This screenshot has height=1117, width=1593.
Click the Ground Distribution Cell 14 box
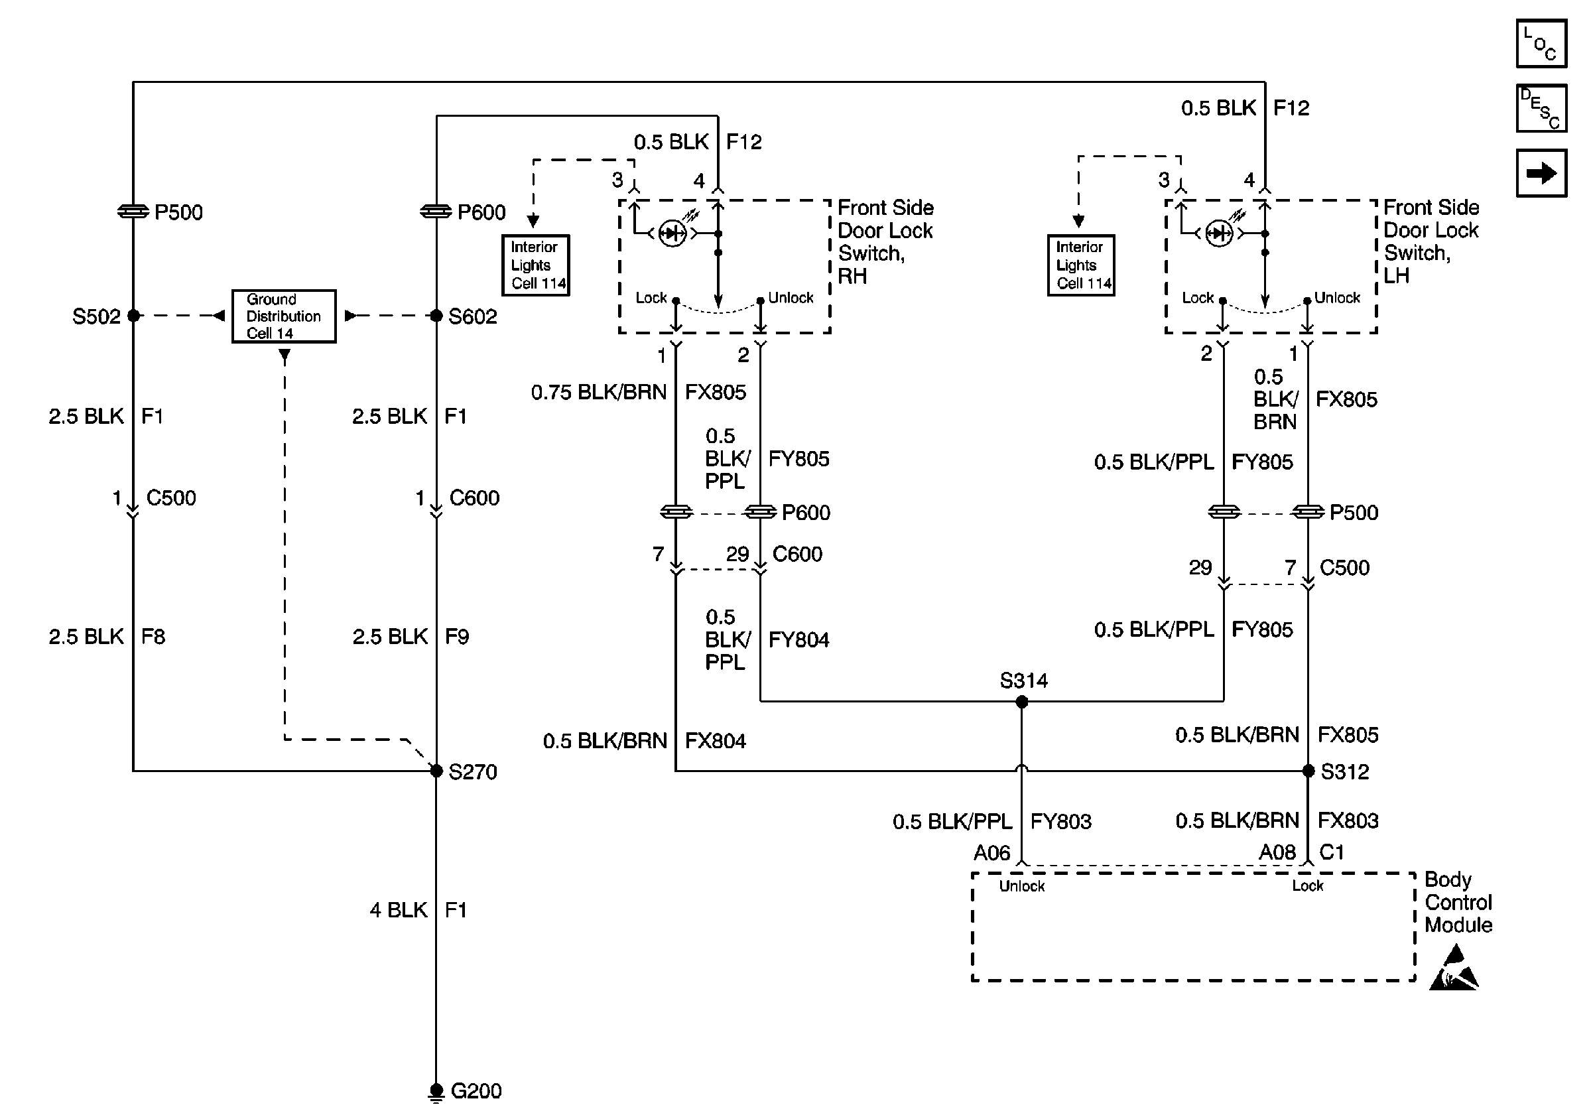point(284,316)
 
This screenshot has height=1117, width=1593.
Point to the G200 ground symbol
point(436,1091)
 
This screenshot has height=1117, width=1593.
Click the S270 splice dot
point(436,771)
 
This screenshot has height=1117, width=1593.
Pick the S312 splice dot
point(1308,771)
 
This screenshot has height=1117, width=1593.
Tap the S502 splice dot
point(133,316)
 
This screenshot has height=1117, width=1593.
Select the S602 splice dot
point(436,316)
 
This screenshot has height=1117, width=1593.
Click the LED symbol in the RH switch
point(672,233)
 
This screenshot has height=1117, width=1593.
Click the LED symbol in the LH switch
point(1218,233)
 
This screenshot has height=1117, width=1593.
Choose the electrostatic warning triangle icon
point(1454,968)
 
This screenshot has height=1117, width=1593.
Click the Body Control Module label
point(1458,902)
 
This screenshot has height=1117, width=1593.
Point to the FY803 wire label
point(1060,821)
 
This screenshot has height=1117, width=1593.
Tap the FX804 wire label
point(715,741)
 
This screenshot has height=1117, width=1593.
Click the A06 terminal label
point(991,852)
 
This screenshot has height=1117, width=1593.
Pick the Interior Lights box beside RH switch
point(536,265)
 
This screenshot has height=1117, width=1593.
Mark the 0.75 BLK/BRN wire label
point(598,393)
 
